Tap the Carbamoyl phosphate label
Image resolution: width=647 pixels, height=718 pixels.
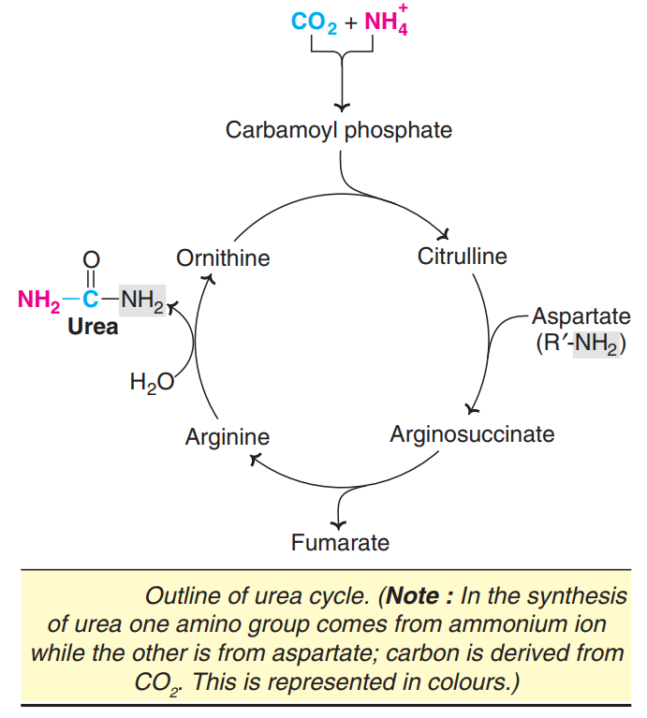pos(338,129)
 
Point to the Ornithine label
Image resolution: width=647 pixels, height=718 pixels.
pos(223,258)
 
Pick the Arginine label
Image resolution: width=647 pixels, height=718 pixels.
pos(227,436)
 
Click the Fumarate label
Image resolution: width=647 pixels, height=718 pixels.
pos(340,542)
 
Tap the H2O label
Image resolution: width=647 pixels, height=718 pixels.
pos(152,381)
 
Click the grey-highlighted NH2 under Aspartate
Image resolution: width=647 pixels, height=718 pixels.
pos(596,344)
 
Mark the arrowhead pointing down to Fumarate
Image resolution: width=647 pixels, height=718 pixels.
pos(340,520)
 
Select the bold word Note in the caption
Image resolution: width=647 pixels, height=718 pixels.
pos(413,596)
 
